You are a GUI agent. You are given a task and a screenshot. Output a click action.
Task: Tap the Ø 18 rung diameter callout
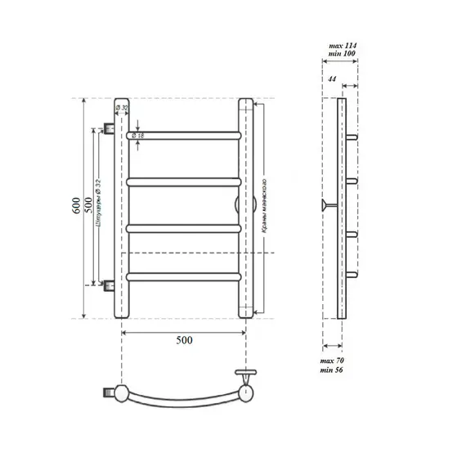140,135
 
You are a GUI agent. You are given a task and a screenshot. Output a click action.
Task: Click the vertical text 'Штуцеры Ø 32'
99,204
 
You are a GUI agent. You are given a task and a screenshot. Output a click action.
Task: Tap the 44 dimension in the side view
332,78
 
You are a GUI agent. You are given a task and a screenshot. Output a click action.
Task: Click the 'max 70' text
332,361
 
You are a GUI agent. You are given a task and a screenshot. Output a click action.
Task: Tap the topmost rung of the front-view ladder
183,132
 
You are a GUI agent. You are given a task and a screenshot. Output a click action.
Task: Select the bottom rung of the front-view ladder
183,277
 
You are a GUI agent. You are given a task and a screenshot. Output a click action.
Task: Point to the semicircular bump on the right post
237,204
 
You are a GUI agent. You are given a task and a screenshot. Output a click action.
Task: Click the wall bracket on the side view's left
329,204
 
